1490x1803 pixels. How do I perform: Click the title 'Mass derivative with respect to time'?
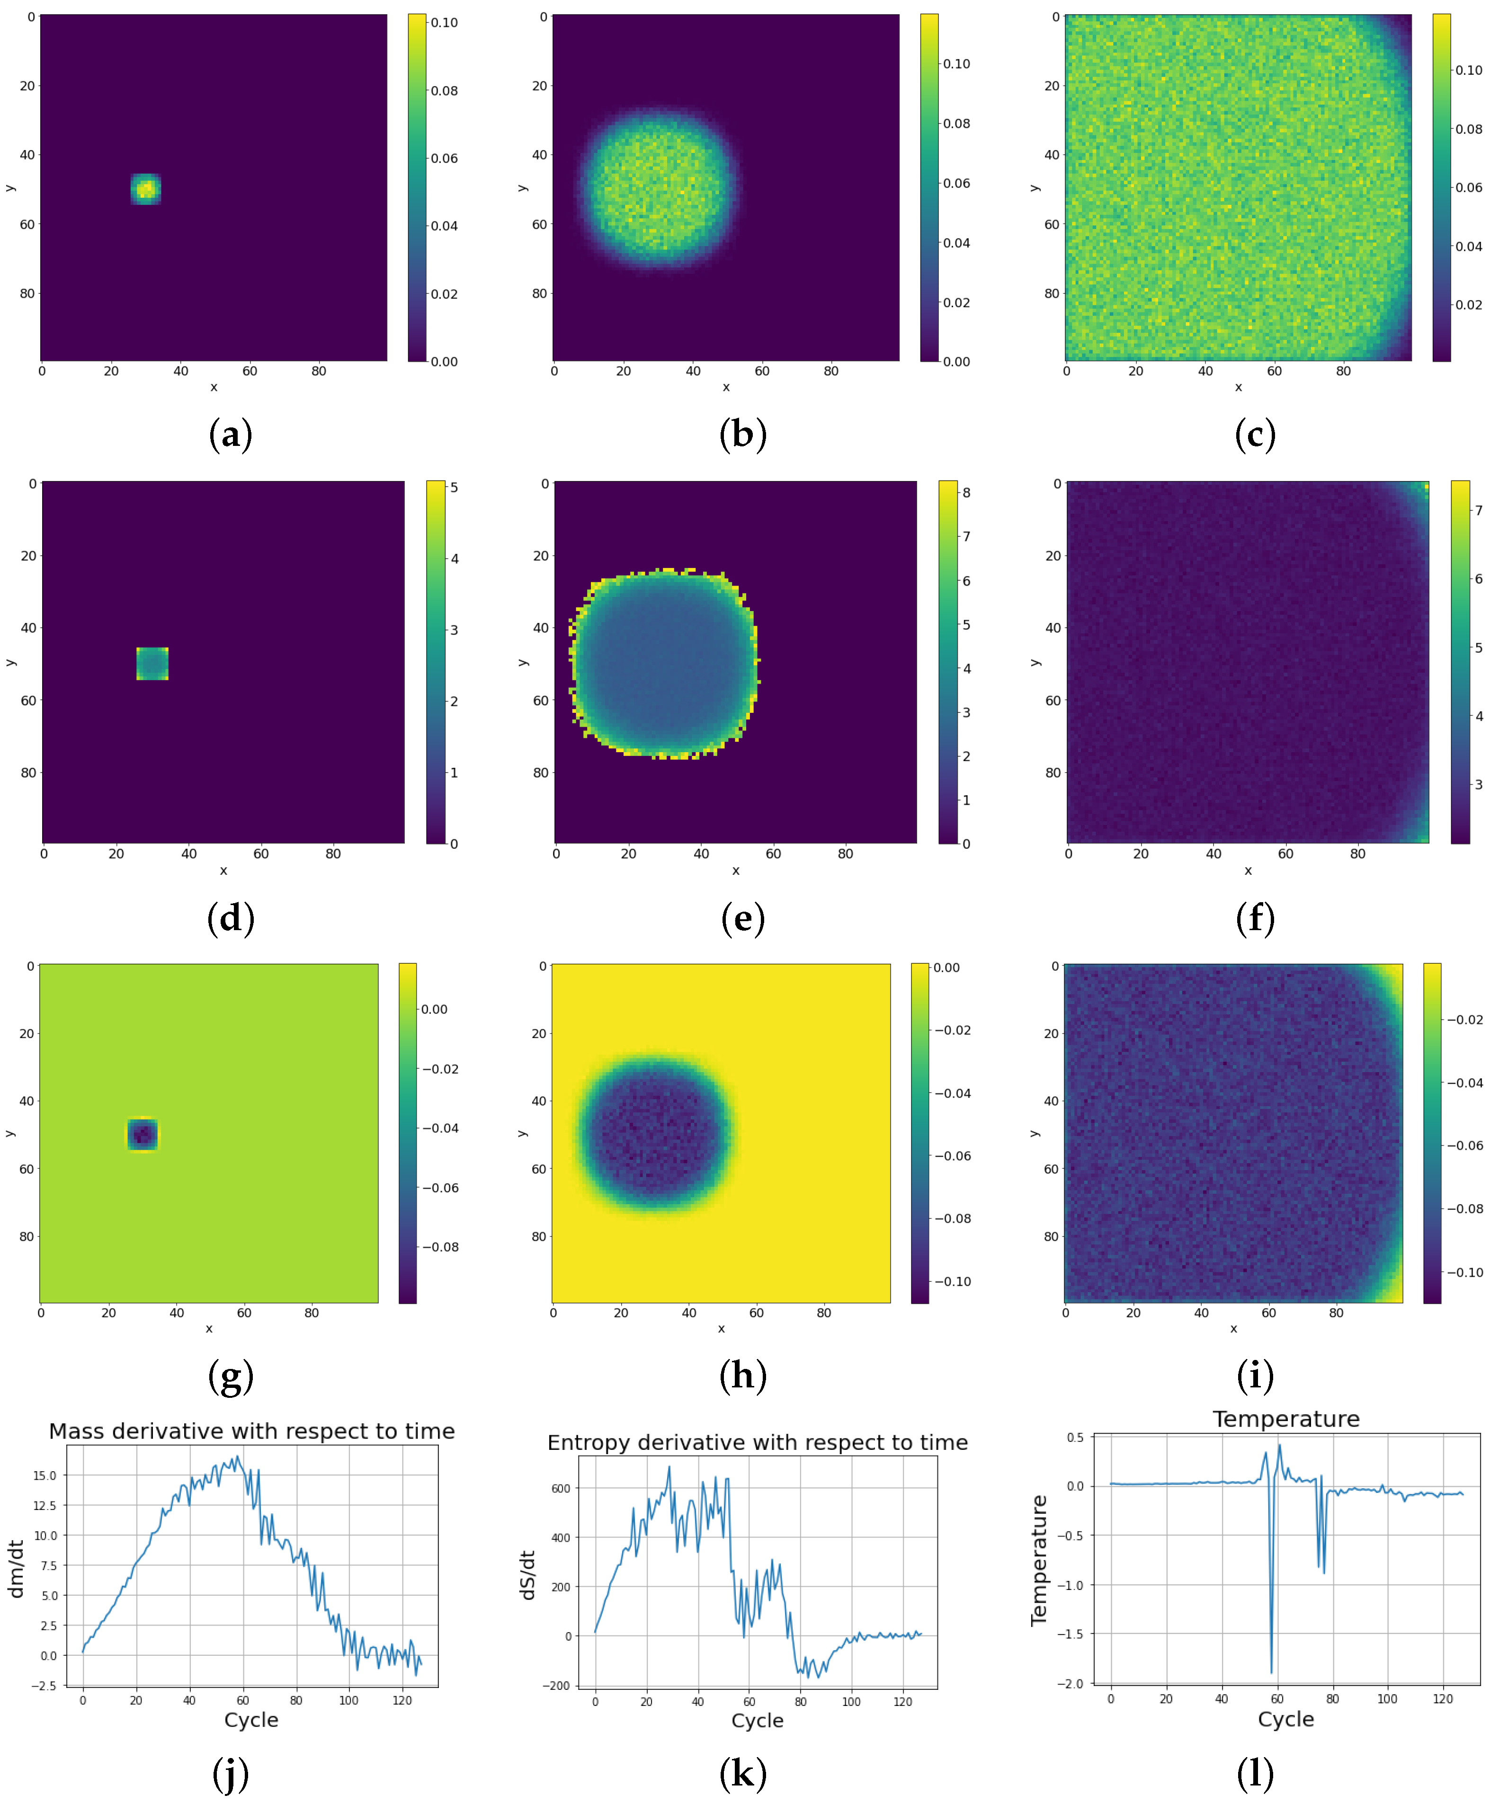251,1431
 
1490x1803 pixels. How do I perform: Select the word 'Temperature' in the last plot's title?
1286,1420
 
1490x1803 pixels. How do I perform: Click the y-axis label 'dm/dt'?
16,1569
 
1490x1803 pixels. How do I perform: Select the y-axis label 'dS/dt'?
528,1576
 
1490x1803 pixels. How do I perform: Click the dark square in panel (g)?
143,1135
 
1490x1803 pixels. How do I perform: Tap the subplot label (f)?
1255,919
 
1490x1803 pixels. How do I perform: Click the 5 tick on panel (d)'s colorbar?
454,488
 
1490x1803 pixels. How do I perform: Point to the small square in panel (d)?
153,663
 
